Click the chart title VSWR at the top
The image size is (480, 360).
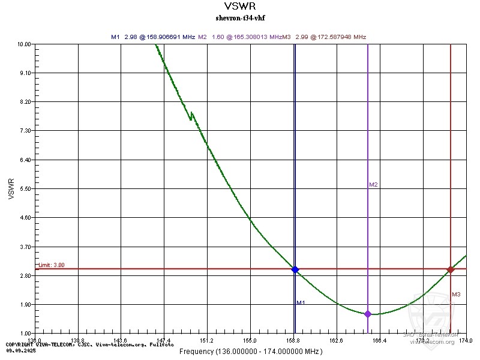click(x=240, y=7)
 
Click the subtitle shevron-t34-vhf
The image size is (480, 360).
click(x=240, y=18)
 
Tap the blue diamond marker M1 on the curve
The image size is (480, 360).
click(x=295, y=270)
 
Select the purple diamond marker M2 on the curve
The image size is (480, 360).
click(x=368, y=314)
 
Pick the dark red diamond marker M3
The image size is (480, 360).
click(x=451, y=269)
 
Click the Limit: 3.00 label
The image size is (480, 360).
click(x=51, y=265)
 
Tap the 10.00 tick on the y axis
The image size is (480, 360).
click(x=24, y=44)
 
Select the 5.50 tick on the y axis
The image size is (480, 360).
click(x=25, y=189)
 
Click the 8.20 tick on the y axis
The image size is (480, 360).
click(x=25, y=102)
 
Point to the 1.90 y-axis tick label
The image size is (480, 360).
click(x=25, y=304)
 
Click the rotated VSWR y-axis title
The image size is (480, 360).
click(x=11, y=188)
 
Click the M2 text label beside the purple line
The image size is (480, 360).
click(x=373, y=185)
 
